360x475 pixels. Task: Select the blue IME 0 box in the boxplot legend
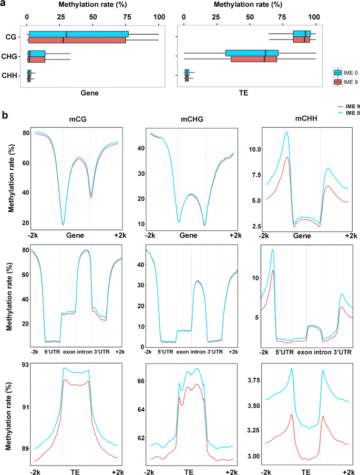[338, 73]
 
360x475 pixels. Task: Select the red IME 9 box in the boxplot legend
[338, 82]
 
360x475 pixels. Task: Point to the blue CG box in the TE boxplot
[302, 34]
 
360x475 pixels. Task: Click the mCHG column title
[191, 119]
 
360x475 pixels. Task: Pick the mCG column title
[78, 119]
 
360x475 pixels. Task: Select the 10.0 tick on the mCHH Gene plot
[255, 149]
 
